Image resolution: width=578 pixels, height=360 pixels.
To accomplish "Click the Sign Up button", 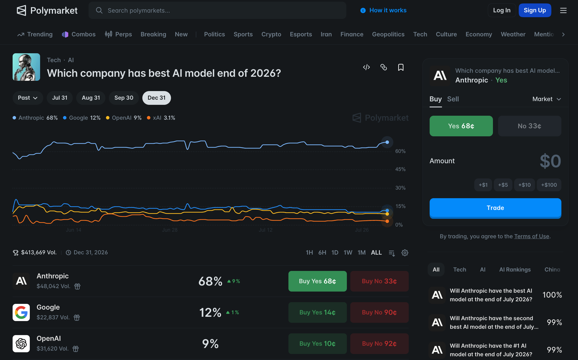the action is pos(535,10).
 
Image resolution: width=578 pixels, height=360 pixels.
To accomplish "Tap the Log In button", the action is pos(502,10).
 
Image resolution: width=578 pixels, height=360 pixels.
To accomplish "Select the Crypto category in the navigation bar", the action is pos(271,34).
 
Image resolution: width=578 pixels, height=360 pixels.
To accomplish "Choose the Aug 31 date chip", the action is pos(91,98).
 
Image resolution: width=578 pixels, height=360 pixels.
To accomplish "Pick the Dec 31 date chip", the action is pos(156,98).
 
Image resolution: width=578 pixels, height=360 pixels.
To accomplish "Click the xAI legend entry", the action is pos(161,118).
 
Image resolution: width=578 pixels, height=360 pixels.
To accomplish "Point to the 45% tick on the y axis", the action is pos(400,169).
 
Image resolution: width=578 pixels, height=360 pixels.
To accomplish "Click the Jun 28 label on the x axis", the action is pos(170,230).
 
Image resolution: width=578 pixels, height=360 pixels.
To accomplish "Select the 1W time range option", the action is pos(348,253).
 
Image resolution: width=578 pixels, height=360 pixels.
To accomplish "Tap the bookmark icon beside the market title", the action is pos(401,67).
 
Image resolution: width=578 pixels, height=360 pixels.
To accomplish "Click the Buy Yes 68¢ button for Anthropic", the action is pos(317,281).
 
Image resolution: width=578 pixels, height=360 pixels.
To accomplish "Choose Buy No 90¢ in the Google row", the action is pos(379,312).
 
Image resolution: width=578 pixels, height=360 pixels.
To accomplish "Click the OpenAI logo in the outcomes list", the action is pos(21,344).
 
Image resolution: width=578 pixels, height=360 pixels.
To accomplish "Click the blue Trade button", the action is pos(495,208).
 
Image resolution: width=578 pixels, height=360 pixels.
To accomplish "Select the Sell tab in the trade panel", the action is pos(453,99).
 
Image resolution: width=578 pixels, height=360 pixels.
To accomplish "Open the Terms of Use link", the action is pos(532,236).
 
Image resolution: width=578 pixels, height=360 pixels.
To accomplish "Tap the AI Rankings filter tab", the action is pos(515,269).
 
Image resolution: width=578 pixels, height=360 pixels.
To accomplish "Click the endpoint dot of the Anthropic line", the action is pos(387,142).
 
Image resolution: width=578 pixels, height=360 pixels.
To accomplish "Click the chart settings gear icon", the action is pos(405,253).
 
